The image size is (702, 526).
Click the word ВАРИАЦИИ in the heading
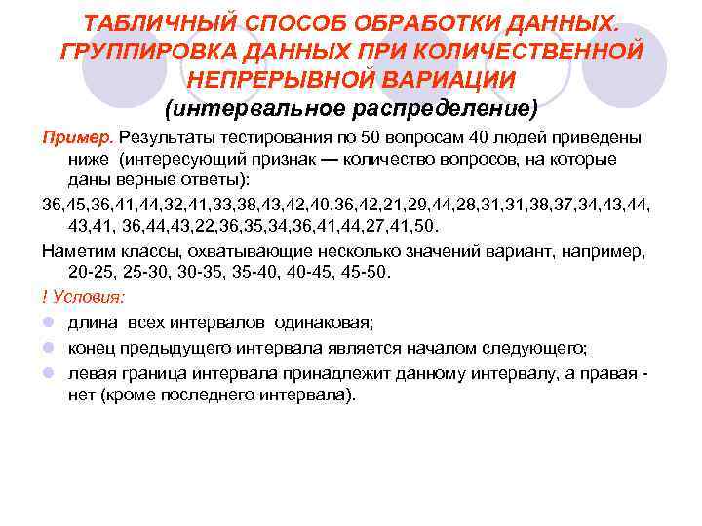(454, 77)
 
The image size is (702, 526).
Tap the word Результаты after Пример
(168, 137)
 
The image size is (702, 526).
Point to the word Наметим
(77, 250)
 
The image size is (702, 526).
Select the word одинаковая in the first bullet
(331, 323)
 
